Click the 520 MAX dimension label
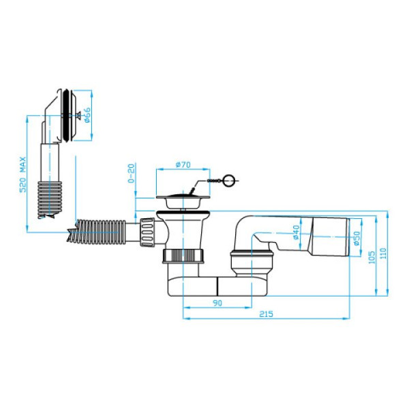tap(23, 175)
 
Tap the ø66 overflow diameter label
tap(87, 115)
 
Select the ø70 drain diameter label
tap(183, 164)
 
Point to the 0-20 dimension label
tap(132, 173)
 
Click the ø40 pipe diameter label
tap(296, 232)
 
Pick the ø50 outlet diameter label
tap(357, 238)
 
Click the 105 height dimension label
tap(372, 257)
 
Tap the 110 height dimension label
tap(383, 254)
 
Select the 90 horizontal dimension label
tap(217, 303)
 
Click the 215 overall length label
tap(266, 314)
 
